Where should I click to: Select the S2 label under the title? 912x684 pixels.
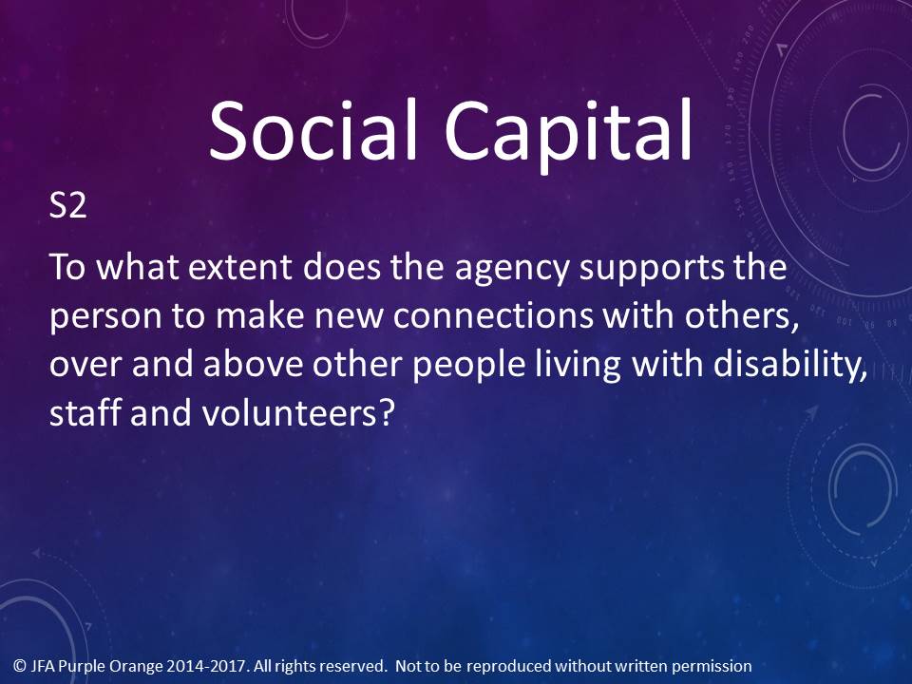[68, 205]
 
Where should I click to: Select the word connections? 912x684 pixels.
[493, 315]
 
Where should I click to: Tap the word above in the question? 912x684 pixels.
[254, 365]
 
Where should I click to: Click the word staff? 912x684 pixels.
[85, 412]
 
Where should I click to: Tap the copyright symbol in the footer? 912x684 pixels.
[20, 666]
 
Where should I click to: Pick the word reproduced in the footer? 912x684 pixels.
[509, 667]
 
